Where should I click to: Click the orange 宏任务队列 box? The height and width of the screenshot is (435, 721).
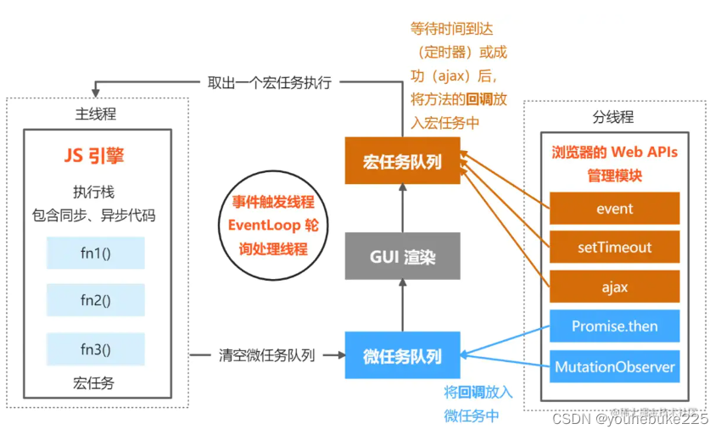(x=403, y=160)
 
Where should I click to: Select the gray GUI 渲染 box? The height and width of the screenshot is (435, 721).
(x=403, y=256)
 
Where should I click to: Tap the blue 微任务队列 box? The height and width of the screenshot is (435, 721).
(x=403, y=356)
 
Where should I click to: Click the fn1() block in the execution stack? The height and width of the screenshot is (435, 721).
(x=96, y=253)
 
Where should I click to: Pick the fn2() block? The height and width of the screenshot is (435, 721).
(x=96, y=300)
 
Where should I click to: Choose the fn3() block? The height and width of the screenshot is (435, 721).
(x=96, y=349)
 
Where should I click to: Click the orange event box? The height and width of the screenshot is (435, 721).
(x=614, y=209)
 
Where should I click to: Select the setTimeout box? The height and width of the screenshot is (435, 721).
(x=614, y=248)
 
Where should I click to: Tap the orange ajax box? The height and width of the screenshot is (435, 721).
(x=614, y=287)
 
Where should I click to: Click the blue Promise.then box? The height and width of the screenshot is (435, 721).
(x=614, y=326)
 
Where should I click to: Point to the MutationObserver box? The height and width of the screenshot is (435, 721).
(x=614, y=366)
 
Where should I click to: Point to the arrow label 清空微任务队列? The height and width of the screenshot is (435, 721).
(x=265, y=356)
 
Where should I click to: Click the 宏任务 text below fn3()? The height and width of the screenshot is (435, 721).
(x=96, y=383)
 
